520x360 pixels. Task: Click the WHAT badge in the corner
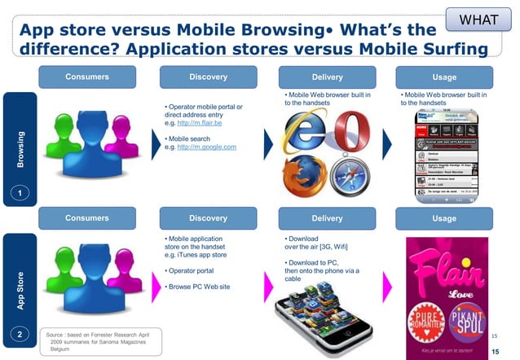486,18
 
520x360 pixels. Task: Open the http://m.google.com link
209,147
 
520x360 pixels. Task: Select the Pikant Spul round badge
466,309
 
